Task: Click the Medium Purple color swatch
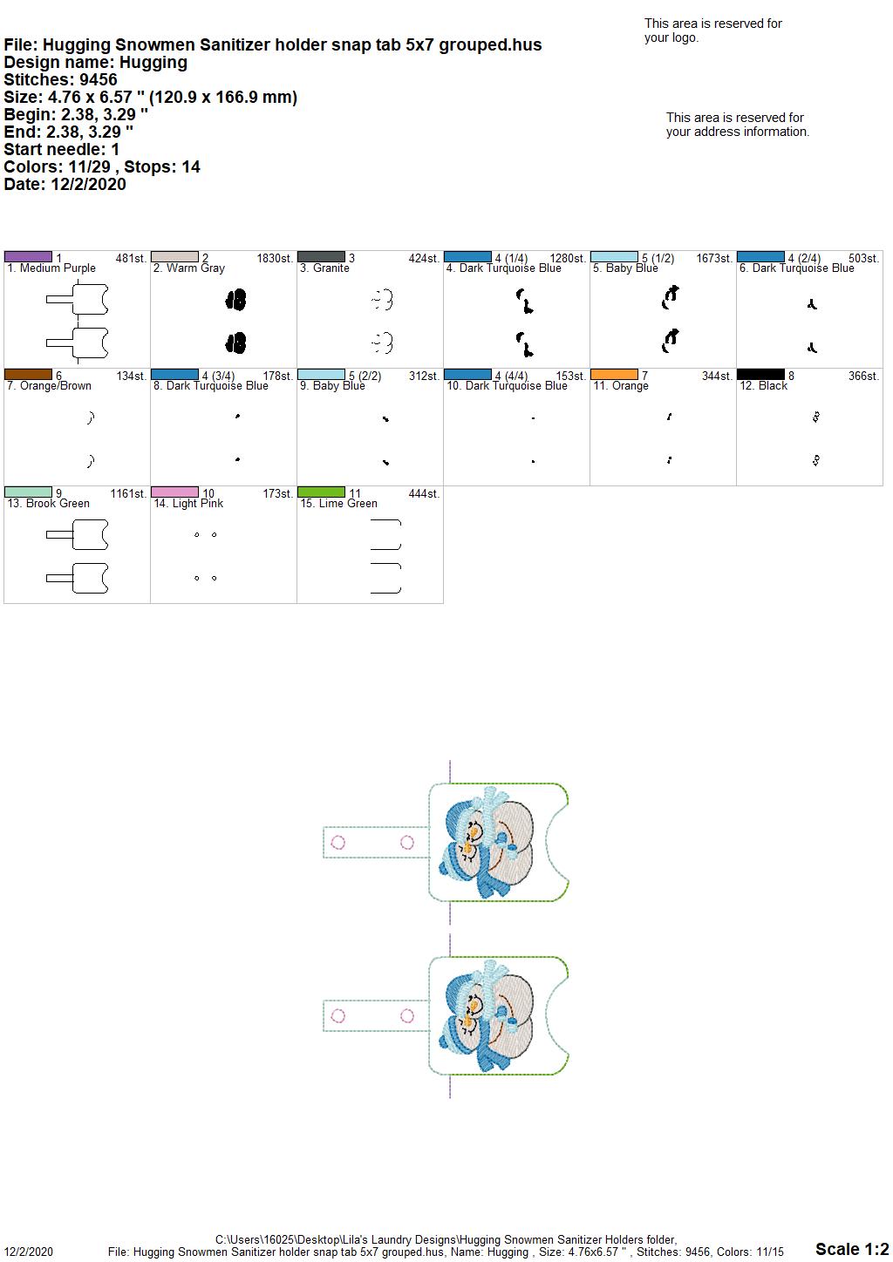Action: (x=28, y=257)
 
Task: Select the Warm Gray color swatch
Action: (x=174, y=257)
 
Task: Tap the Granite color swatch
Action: (x=321, y=257)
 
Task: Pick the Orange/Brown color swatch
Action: (x=28, y=375)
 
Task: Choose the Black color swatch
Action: (x=760, y=375)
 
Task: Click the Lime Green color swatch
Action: (x=321, y=492)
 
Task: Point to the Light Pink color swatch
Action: (x=174, y=492)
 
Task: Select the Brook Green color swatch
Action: (x=28, y=492)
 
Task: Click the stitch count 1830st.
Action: (x=275, y=259)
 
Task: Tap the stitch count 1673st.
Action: (x=713, y=259)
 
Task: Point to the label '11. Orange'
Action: (x=621, y=386)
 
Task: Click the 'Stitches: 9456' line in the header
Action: (x=60, y=79)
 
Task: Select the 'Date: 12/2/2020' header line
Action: (x=65, y=184)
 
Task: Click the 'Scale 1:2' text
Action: (x=852, y=1248)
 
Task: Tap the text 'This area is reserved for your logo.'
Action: (x=713, y=31)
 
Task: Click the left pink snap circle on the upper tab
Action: (x=337, y=842)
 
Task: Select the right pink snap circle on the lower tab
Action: (x=407, y=1016)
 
